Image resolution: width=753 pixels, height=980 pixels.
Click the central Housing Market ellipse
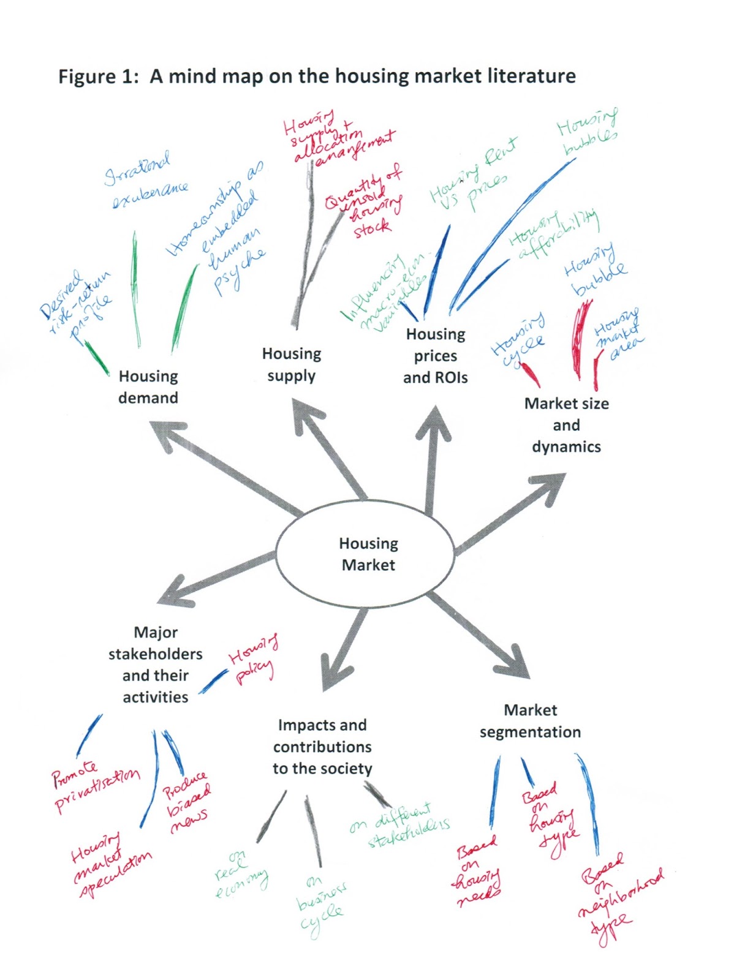tap(366, 554)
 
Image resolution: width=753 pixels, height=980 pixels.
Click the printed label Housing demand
tap(148, 386)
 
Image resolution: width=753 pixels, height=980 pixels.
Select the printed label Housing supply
tap(292, 364)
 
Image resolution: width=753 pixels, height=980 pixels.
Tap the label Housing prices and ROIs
tap(435, 356)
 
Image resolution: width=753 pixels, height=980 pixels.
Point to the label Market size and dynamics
tap(566, 425)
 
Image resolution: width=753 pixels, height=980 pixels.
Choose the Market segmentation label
tap(530, 721)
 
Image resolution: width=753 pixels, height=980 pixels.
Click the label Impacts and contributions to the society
tap(322, 747)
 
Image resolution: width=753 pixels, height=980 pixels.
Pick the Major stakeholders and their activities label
tap(156, 665)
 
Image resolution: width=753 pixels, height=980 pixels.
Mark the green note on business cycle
tap(320, 906)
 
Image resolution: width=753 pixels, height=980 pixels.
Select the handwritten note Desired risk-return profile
tap(76, 304)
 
